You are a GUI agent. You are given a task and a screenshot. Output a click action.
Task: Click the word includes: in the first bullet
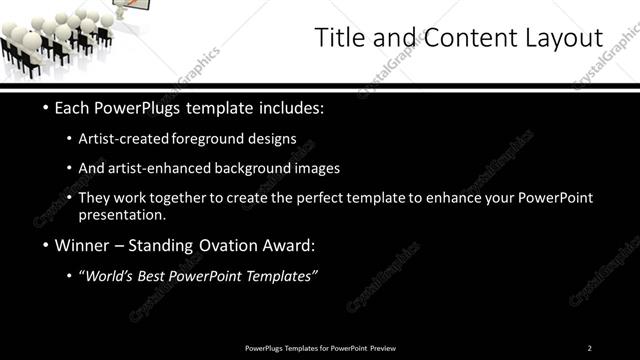point(290,107)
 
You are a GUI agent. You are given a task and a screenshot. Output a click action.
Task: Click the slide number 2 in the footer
point(589,348)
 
